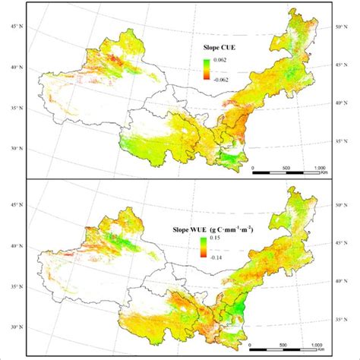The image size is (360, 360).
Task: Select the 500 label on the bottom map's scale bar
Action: tap(284, 346)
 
